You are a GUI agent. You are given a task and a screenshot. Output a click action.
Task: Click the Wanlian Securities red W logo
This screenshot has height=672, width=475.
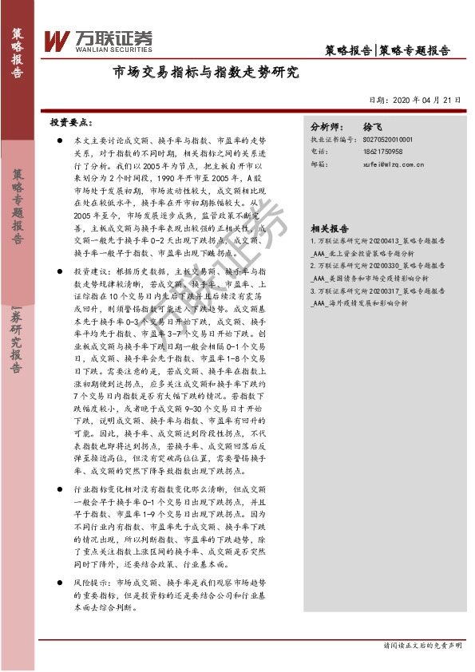pos(57,41)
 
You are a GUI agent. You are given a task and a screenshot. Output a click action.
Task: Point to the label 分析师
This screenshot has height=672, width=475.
pos(325,127)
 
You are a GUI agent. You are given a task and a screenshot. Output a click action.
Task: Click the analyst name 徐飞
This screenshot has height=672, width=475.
pos(373,127)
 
